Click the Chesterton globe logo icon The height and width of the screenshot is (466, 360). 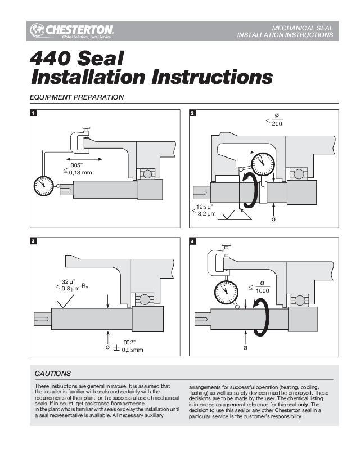coord(37,30)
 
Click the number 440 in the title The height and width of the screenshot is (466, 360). coord(51,59)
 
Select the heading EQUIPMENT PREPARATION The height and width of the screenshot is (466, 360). coord(76,97)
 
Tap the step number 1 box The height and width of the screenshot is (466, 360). coord(34,113)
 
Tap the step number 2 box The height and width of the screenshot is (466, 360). coord(193,113)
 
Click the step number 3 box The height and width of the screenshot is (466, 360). coord(34,241)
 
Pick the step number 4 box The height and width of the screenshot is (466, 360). coord(193,241)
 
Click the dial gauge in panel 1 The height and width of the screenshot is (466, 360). coord(44,186)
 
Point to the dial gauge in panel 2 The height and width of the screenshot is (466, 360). coord(263,164)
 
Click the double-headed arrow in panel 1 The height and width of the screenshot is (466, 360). coord(84,159)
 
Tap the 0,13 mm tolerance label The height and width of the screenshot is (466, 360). coord(80,172)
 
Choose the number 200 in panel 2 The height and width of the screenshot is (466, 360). coord(277,123)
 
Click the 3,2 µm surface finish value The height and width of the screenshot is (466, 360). coord(207,213)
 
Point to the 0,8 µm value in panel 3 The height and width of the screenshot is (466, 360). coord(71,288)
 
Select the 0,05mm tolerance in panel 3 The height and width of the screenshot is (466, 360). coord(133,350)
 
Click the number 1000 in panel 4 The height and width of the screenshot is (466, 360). coord(263,290)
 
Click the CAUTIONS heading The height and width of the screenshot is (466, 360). coord(53,374)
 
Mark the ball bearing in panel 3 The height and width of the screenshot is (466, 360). coord(145,299)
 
